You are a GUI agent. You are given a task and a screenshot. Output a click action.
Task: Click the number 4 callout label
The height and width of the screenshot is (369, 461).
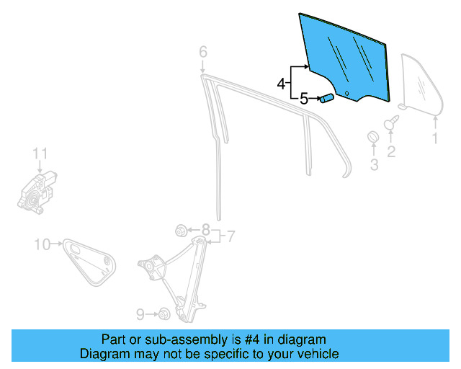[x=281, y=84]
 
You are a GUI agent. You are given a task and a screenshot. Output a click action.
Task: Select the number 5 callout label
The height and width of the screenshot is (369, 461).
[x=303, y=99]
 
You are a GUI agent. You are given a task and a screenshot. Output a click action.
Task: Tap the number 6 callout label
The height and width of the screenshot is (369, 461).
[x=202, y=51]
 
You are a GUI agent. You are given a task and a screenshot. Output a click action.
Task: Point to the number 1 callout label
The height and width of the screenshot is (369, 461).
[x=434, y=138]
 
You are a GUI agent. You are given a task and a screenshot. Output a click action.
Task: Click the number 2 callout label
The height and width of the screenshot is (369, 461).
[x=391, y=151]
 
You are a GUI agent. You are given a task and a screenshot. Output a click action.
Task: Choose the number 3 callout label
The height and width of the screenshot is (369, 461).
[x=374, y=165]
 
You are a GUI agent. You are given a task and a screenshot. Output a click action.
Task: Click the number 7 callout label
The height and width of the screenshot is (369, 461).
[x=231, y=236]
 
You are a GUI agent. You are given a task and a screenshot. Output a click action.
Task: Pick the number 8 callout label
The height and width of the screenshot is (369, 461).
[x=206, y=231]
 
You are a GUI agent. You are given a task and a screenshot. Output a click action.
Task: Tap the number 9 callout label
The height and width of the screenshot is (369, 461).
[x=140, y=314]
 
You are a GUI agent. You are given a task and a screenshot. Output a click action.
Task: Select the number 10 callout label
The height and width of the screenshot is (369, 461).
[x=42, y=244]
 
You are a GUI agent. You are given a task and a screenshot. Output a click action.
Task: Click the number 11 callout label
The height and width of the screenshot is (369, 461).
[x=40, y=153]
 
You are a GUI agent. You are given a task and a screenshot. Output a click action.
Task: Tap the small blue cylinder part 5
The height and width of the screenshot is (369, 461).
[x=326, y=99]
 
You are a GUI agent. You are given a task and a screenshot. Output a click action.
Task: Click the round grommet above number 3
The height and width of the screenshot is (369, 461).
[x=373, y=138]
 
